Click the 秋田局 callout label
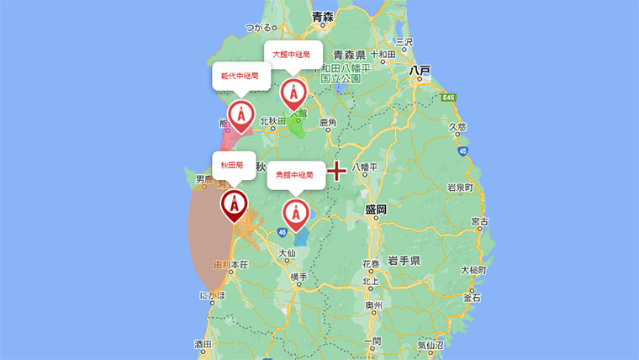pyautogui.click(x=234, y=164)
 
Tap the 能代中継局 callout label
pyautogui.click(x=240, y=75)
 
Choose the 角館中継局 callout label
pyautogui.click(x=295, y=175)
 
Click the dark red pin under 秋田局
pyautogui.click(x=234, y=205)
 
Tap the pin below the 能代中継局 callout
pyautogui.click(x=240, y=115)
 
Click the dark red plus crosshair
pyautogui.click(x=337, y=171)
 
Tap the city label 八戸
pyautogui.click(x=420, y=71)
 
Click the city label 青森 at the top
pyautogui.click(x=323, y=16)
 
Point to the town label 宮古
pyautogui.click(x=479, y=222)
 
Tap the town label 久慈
pyautogui.click(x=457, y=127)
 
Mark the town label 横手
pyautogui.click(x=298, y=277)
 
